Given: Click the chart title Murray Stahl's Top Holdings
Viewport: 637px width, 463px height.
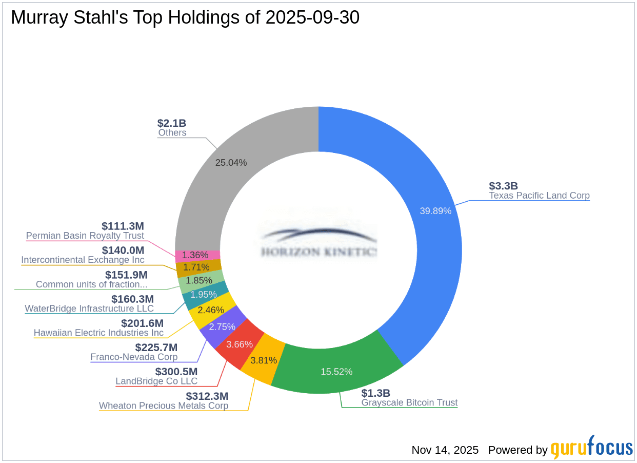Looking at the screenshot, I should pyautogui.click(x=185, y=17).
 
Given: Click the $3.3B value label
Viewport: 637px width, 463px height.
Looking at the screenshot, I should pyautogui.click(x=504, y=186).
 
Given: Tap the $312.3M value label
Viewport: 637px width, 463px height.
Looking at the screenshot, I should pyautogui.click(x=207, y=396).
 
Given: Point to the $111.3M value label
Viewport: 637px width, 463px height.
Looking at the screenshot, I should pyautogui.click(x=123, y=226).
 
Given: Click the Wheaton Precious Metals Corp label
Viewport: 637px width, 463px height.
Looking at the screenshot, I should pyautogui.click(x=164, y=406).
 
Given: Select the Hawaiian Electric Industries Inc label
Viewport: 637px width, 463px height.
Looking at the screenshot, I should pyautogui.click(x=98, y=333).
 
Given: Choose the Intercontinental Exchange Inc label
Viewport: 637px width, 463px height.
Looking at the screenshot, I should pyautogui.click(x=83, y=260).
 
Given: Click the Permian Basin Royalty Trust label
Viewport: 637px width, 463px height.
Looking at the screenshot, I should pyautogui.click(x=85, y=236).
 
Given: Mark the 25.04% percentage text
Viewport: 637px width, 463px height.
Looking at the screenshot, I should pyautogui.click(x=231, y=163).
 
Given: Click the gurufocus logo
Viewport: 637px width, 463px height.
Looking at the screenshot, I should pyautogui.click(x=592, y=448).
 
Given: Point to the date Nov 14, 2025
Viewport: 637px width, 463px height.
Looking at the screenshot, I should pyautogui.click(x=445, y=450).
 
